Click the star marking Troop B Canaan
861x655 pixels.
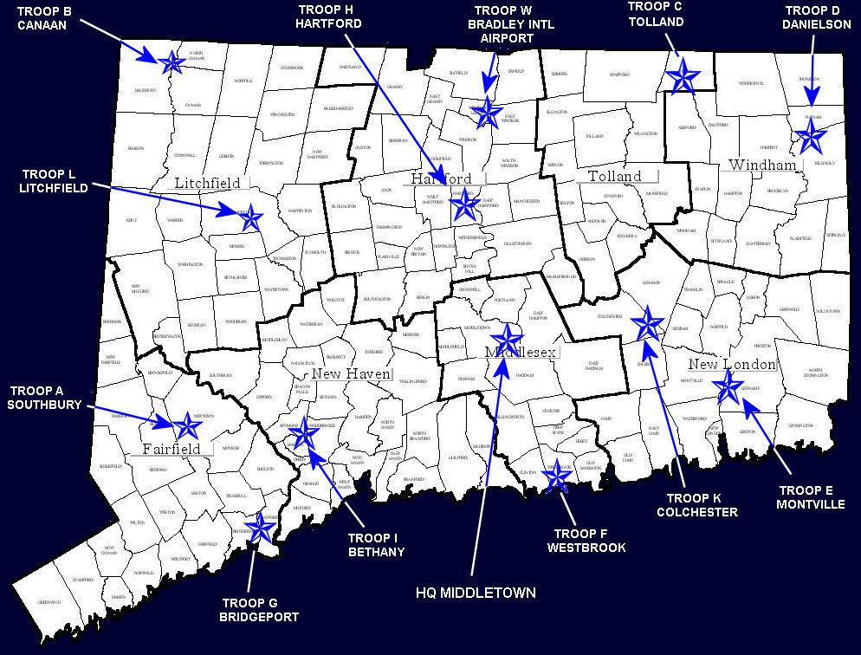pyautogui.click(x=171, y=62)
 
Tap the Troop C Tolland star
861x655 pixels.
pyautogui.click(x=683, y=76)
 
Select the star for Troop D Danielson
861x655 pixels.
pyautogui.click(x=812, y=135)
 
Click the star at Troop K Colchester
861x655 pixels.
pyautogui.click(x=647, y=324)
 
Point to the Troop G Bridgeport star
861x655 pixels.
pyautogui.click(x=259, y=527)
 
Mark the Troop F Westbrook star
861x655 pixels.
pyautogui.click(x=557, y=476)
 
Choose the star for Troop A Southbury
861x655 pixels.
pyautogui.click(x=186, y=425)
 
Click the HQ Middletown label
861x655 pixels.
pyautogui.click(x=474, y=593)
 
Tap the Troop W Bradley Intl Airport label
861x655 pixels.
pyautogui.click(x=510, y=24)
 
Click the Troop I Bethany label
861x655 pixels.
pyautogui.click(x=375, y=543)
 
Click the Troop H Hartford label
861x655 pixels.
pyautogui.click(x=327, y=16)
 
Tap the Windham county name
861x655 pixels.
pyautogui.click(x=761, y=165)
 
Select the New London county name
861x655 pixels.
pyautogui.click(x=732, y=364)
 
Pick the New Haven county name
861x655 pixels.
pyautogui.click(x=352, y=373)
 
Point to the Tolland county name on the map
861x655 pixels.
pyautogui.click(x=614, y=176)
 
